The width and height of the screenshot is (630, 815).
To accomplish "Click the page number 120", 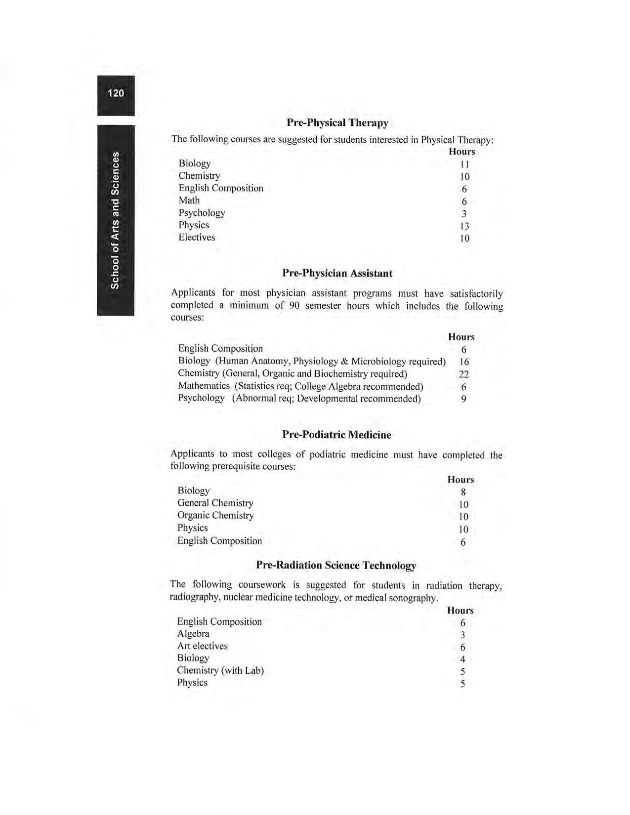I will (116, 93).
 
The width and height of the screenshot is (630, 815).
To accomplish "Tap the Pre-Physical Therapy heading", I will (337, 122).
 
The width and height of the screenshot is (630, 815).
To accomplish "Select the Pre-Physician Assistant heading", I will (337, 273).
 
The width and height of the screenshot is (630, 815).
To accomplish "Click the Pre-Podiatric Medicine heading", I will (336, 435).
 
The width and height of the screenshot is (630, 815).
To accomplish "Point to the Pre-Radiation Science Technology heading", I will (336, 565).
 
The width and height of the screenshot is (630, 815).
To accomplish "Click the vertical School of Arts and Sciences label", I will (115, 220).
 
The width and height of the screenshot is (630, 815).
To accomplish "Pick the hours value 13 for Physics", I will (464, 226).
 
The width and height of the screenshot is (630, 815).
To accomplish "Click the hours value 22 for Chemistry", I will (463, 374).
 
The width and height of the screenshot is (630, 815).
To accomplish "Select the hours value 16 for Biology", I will (464, 362).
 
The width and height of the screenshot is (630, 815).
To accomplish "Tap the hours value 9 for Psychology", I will (463, 399).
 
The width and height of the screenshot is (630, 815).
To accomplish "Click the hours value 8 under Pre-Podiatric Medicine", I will (463, 492).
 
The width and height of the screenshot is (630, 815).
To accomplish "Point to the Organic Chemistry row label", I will (215, 515).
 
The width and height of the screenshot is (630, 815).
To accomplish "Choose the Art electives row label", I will (203, 646).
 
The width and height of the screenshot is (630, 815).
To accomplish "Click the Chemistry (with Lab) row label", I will (220, 670).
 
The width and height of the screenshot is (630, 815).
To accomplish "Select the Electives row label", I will (197, 237).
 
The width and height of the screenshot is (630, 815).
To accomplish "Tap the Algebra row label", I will (193, 634).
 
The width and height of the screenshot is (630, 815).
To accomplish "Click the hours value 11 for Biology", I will (464, 164).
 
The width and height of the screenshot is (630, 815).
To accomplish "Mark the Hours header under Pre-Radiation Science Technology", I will (460, 611).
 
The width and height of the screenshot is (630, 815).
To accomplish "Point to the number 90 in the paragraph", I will (293, 305).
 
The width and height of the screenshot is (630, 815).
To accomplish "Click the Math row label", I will (189, 200).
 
